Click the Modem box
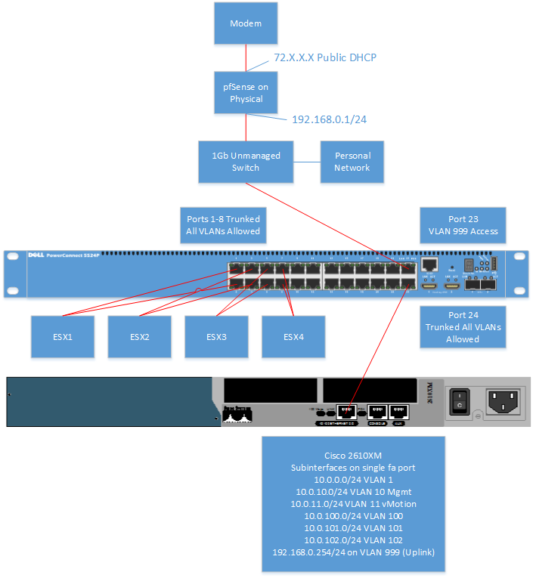pyautogui.click(x=246, y=23)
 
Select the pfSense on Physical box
pyautogui.click(x=246, y=93)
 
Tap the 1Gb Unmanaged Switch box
pyautogui.click(x=246, y=162)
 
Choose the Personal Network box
pyautogui.click(x=352, y=162)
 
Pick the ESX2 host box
pyautogui.click(x=139, y=336)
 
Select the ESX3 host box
pyautogui.click(x=216, y=336)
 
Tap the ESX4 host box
pyautogui.click(x=293, y=336)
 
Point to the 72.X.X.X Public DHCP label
pyautogui.click(x=325, y=57)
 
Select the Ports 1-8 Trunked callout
pyautogui.click(x=223, y=224)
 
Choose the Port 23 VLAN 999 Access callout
pyautogui.click(x=462, y=224)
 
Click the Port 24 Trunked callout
pyautogui.click(x=462, y=327)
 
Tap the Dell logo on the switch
pyautogui.click(x=39, y=255)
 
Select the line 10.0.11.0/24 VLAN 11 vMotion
pyautogui.click(x=353, y=502)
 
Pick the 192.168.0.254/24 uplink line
pyautogui.click(x=353, y=552)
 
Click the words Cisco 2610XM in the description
pyautogui.click(x=353, y=456)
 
